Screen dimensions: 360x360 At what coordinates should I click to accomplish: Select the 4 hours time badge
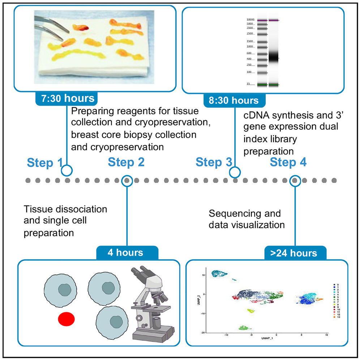pyautogui.click(x=127, y=252)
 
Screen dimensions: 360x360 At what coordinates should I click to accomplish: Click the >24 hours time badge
pyautogui.click(x=296, y=252)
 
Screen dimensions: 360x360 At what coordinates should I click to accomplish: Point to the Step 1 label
pyautogui.click(x=44, y=163)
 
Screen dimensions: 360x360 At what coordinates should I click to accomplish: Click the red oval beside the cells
pyautogui.click(x=66, y=319)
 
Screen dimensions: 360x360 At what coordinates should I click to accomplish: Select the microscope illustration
pyautogui.click(x=151, y=304)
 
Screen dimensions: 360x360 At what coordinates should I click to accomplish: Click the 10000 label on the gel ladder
pyautogui.click(x=250, y=20)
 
